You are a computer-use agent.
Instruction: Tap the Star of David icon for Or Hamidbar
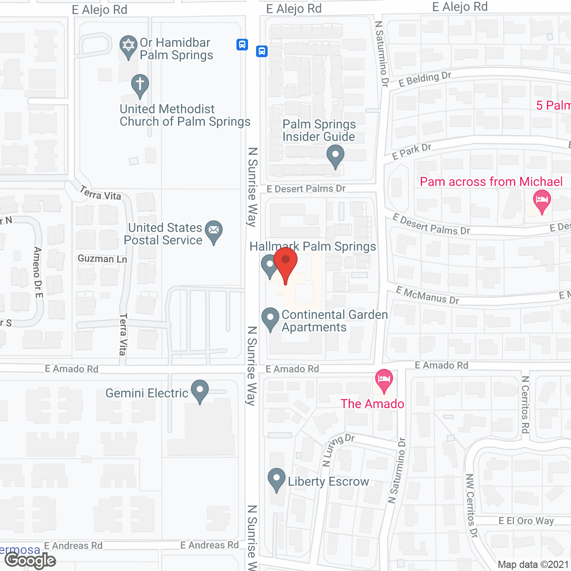click(x=128, y=46)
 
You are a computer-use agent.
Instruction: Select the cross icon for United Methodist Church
click(x=140, y=84)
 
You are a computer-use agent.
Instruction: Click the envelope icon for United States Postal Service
click(x=214, y=231)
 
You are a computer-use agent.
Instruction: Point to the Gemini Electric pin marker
click(x=200, y=390)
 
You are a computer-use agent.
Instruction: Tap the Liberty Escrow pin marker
click(x=277, y=479)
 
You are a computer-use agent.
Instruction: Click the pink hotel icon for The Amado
click(x=384, y=380)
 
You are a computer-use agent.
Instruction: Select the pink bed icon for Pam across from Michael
click(x=542, y=199)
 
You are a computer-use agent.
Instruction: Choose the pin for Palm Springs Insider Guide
click(x=335, y=156)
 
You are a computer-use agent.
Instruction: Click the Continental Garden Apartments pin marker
click(x=270, y=318)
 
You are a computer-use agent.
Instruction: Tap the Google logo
click(x=30, y=560)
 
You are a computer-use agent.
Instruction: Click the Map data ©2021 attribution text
click(x=534, y=564)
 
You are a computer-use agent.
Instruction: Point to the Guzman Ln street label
click(x=102, y=259)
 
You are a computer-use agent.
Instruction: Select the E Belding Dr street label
click(x=425, y=79)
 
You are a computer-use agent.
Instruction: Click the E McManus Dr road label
click(x=427, y=296)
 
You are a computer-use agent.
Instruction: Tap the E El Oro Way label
click(x=526, y=521)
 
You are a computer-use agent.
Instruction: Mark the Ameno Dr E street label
click(x=38, y=272)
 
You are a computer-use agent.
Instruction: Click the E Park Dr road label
click(x=411, y=151)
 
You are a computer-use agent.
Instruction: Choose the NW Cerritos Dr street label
click(x=472, y=505)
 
